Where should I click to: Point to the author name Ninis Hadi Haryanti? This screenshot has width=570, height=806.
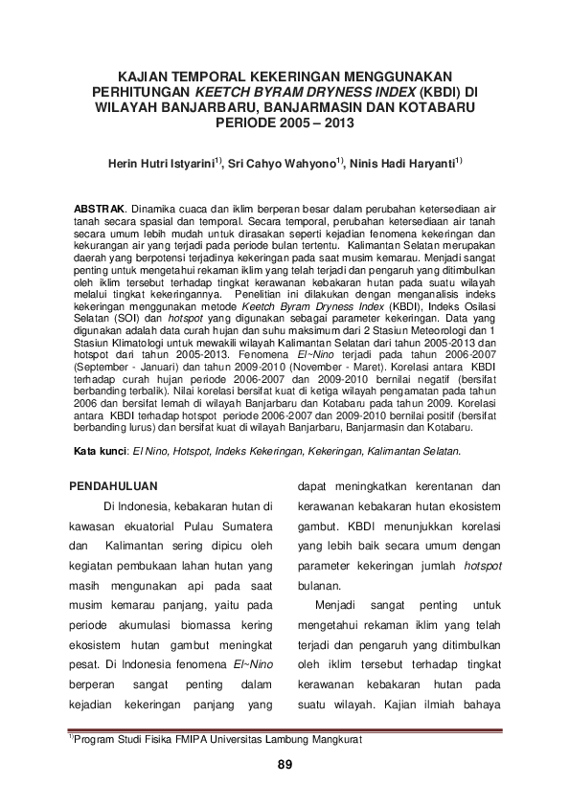(x=402, y=163)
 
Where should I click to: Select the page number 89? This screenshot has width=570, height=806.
(x=285, y=764)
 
